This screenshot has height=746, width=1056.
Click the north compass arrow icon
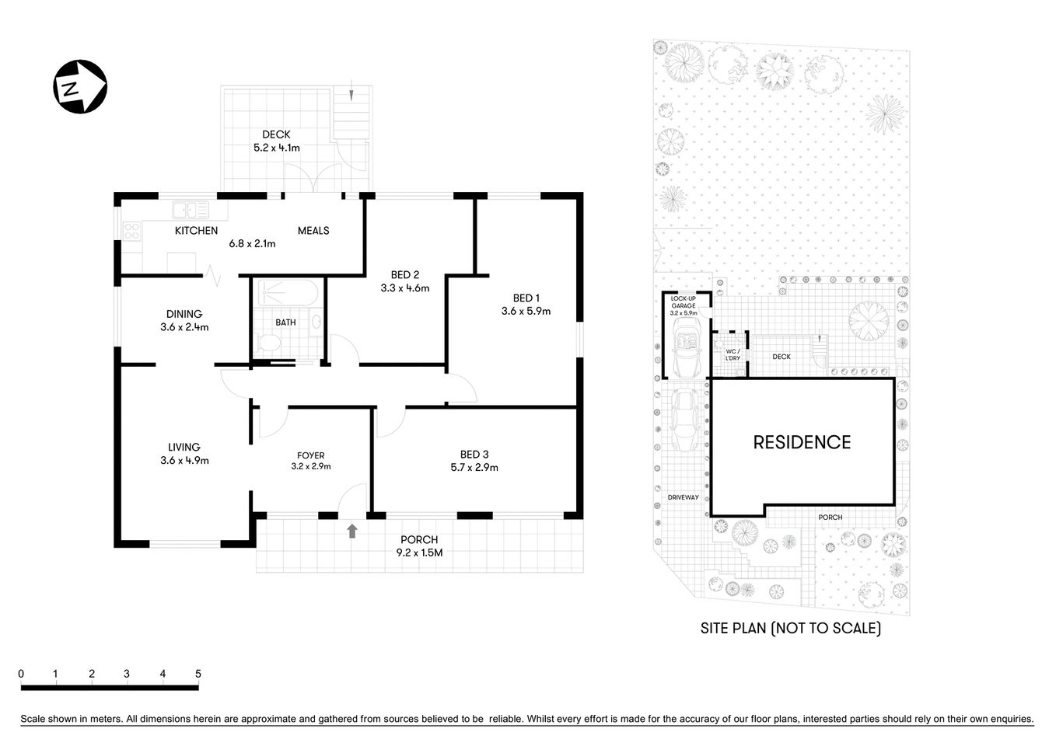point(79,86)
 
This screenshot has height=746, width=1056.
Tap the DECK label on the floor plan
point(276,134)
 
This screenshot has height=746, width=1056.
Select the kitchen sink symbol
point(191,209)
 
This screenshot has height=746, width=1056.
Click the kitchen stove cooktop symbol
point(131,231)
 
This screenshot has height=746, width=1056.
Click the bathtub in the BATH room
point(287,295)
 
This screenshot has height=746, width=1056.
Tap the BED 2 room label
point(404,274)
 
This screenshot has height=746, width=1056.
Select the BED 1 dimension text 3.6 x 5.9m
point(526,311)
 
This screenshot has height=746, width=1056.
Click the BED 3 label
point(474,455)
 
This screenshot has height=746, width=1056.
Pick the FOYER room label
point(311,455)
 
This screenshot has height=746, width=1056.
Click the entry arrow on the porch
point(352,531)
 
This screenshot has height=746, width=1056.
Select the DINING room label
point(184,314)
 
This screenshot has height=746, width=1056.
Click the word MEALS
point(313,230)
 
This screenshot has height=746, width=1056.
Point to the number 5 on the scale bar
point(198,674)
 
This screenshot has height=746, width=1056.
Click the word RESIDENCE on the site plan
point(802,442)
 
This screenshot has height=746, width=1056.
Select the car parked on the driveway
point(685,420)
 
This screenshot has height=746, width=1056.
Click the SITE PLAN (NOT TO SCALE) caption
point(791,628)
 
